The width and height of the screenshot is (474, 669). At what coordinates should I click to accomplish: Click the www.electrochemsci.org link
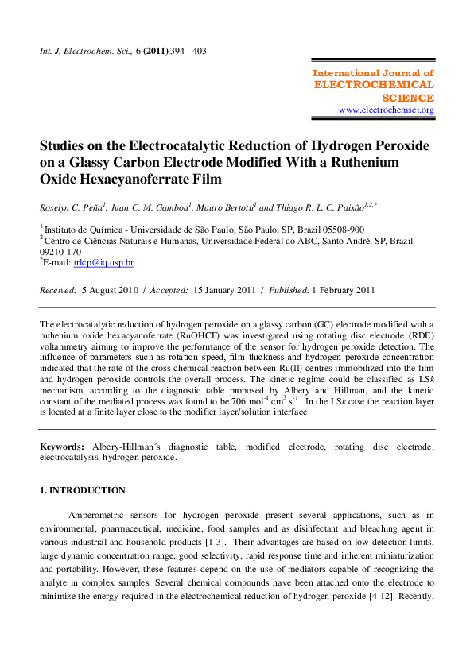click(x=387, y=110)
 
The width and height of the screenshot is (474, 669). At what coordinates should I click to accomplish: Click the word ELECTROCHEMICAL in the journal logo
click(x=375, y=85)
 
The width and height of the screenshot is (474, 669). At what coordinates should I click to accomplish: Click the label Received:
click(x=58, y=291)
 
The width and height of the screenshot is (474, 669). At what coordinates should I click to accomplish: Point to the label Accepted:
click(x=165, y=291)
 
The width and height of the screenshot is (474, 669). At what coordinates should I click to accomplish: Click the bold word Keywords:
click(x=64, y=447)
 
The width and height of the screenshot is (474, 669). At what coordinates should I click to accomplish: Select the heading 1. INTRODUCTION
click(x=83, y=490)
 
